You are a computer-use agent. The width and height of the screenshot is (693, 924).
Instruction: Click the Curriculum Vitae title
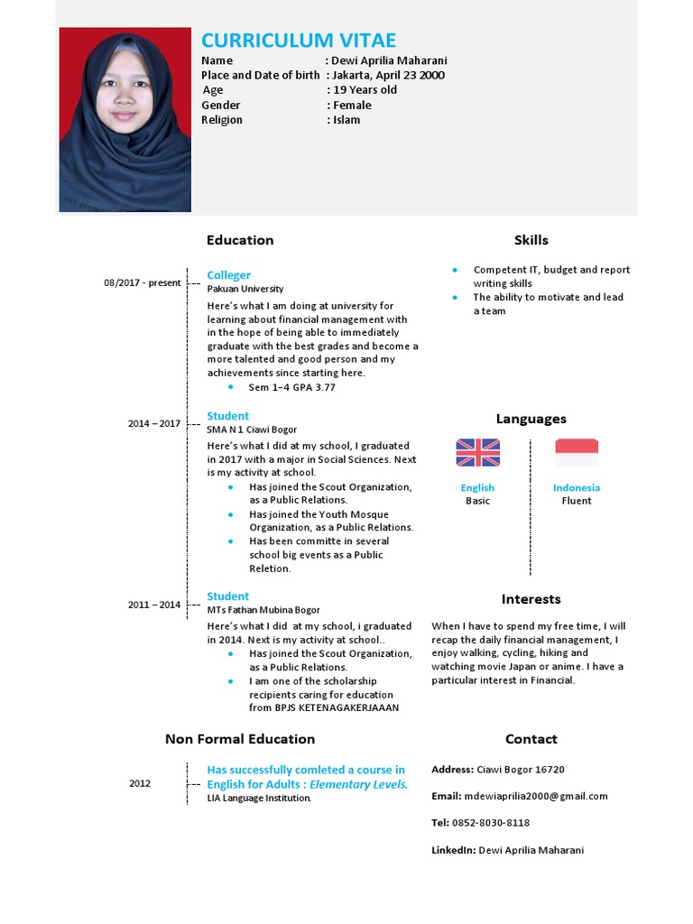coord(298,41)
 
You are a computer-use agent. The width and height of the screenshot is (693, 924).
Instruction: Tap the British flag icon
coord(477,452)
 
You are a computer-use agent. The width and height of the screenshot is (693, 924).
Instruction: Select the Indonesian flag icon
coord(577,452)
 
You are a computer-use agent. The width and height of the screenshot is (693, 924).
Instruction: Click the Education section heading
coord(240,240)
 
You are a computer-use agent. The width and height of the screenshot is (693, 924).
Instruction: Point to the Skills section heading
coord(531,240)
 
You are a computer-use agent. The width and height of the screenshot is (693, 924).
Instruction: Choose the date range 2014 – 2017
coord(153,423)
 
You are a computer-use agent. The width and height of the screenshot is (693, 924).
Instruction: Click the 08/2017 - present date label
coord(142,282)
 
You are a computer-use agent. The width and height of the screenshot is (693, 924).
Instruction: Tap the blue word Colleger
coord(228,275)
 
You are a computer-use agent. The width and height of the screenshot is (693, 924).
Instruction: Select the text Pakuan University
coord(245,289)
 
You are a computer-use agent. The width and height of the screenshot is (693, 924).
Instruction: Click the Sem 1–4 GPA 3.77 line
coord(291,387)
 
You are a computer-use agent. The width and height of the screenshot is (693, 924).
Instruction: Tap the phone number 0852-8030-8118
coord(491,823)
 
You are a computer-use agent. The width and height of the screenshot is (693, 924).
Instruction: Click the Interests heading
coord(531,599)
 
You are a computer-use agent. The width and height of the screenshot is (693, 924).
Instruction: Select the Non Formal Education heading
coord(240,739)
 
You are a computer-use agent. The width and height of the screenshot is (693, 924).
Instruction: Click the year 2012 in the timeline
coord(140,783)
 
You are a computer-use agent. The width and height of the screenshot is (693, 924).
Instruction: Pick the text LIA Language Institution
coord(259,799)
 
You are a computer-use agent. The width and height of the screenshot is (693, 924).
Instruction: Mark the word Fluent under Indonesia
coord(577,501)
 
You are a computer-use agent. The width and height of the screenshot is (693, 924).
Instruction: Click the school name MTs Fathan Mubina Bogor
coord(263,610)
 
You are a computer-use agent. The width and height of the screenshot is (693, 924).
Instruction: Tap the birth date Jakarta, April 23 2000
coord(389,75)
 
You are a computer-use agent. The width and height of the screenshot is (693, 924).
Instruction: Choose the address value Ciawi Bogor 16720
coord(521,770)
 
